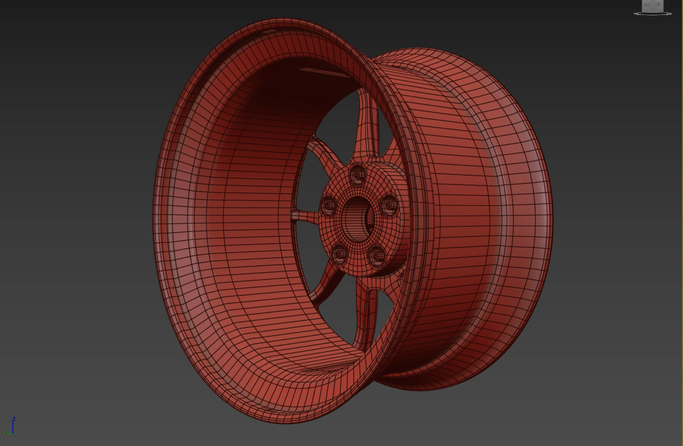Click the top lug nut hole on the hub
[x=357, y=175]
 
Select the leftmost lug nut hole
[x=328, y=206]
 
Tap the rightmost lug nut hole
[x=389, y=206]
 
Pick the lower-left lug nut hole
[x=339, y=253]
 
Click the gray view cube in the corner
[x=653, y=5]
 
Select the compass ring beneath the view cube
[x=653, y=13]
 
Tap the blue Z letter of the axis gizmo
[x=14, y=418]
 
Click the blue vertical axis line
[x=13, y=426]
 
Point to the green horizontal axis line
[x=8, y=432]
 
